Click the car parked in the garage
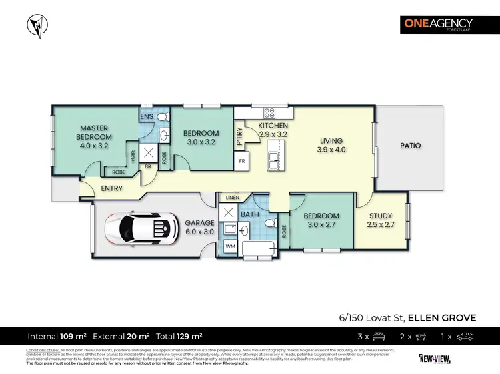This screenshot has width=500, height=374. point(141,228)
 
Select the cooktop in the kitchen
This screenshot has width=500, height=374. point(270,113)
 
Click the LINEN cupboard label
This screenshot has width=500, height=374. point(232,198)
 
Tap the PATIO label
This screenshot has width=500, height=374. point(411,145)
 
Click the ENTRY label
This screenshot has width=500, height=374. point(111,189)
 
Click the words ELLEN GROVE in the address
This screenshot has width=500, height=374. point(442,317)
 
